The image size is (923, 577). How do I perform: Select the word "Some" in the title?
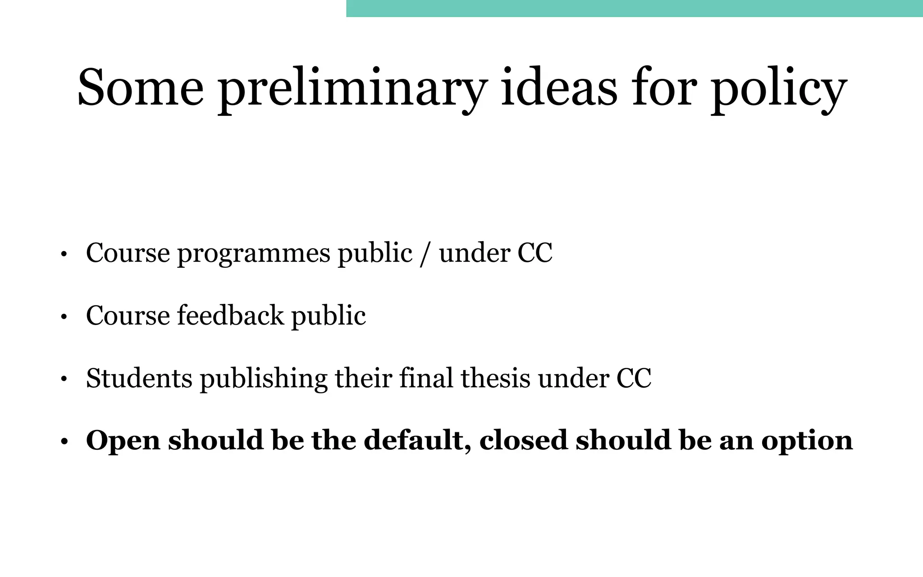click(x=140, y=88)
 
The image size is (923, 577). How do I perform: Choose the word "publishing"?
click(x=263, y=379)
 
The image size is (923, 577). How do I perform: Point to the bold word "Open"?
click(x=123, y=441)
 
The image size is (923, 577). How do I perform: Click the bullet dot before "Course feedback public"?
click(x=64, y=317)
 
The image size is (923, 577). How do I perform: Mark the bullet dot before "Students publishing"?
click(x=64, y=380)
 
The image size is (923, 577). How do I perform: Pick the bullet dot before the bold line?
click(x=64, y=442)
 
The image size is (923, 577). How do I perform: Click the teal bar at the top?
click(x=634, y=8)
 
